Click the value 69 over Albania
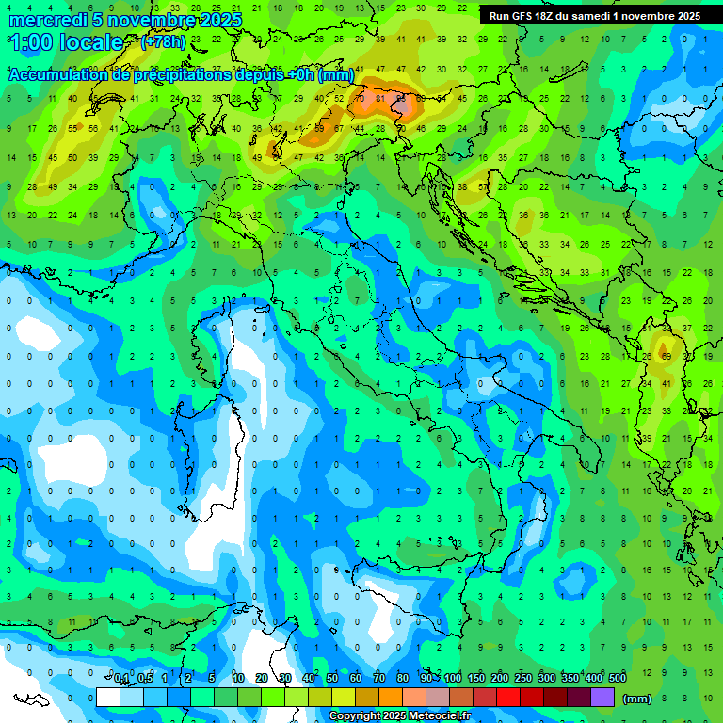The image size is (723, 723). tap(665, 357)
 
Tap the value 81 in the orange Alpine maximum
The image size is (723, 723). tap(380, 98)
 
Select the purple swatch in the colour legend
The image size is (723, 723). tap(602, 698)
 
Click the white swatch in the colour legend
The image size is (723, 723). tap(108, 698)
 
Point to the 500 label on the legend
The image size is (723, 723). tap(618, 679)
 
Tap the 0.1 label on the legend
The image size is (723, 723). tap(121, 679)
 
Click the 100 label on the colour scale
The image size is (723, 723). tap(453, 679)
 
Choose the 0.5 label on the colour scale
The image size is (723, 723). tap(145, 679)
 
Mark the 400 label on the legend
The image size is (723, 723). tap(594, 679)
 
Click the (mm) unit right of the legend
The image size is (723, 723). tap(637, 699)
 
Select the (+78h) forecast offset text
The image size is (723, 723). tap(163, 42)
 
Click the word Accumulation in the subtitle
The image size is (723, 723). tap(58, 75)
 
